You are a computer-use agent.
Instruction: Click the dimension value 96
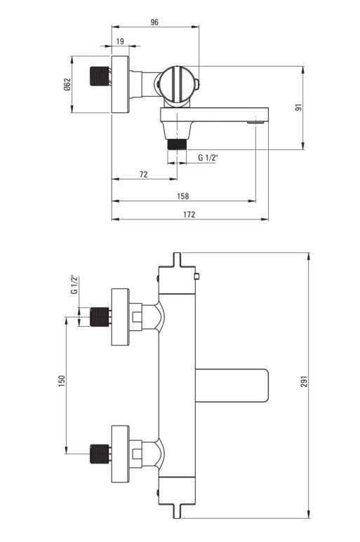[154, 22]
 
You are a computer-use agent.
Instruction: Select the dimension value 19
[120, 41]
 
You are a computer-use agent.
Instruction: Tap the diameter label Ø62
[67, 84]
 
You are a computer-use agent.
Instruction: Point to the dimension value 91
[299, 107]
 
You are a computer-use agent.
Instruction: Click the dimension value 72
[144, 174]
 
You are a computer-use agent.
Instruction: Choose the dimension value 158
[183, 196]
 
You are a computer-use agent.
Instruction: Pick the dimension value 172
[189, 215]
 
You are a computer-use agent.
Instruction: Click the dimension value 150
[62, 381]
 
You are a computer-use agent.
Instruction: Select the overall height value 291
[304, 381]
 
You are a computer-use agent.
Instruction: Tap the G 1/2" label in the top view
[208, 158]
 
